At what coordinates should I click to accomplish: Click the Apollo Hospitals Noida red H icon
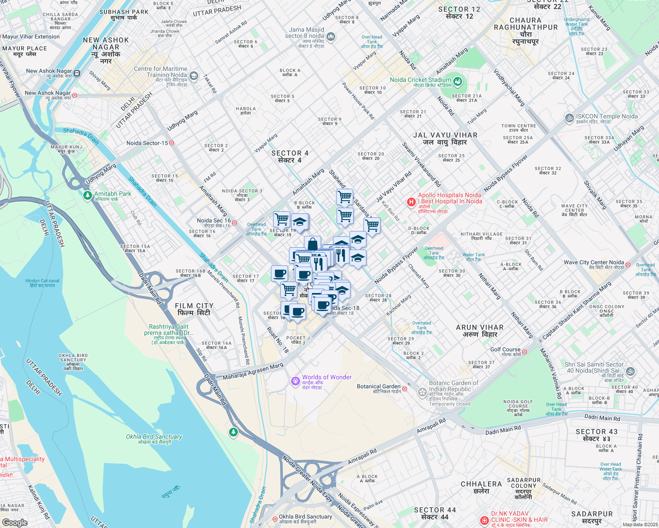[411, 202]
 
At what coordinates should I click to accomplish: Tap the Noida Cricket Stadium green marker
[458, 81]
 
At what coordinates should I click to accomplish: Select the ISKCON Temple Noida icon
[569, 118]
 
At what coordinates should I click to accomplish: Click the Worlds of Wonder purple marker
[295, 381]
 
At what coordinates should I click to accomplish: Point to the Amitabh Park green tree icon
[88, 195]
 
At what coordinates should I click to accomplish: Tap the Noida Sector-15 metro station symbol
[172, 143]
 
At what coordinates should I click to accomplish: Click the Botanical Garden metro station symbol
[404, 389]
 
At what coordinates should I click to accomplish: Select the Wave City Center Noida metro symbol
[628, 264]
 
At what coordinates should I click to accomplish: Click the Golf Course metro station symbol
[524, 352]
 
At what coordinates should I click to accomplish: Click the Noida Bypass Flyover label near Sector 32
[505, 173]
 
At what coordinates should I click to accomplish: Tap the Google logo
[15, 523]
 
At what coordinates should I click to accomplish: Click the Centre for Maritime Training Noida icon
[194, 77]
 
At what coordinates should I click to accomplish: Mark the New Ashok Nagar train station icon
[77, 73]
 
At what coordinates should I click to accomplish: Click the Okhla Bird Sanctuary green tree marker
[233, 433]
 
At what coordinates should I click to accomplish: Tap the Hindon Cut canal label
[42, 283]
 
